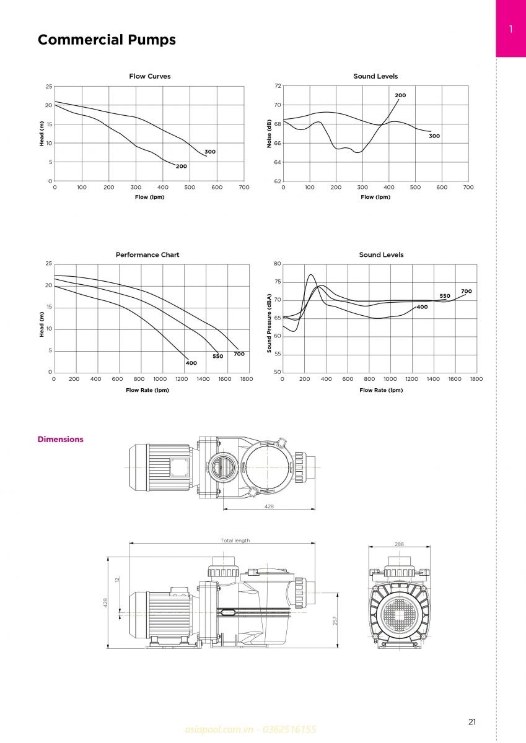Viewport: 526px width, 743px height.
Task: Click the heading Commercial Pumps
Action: pos(107,40)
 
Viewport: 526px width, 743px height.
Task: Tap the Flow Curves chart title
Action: pos(150,76)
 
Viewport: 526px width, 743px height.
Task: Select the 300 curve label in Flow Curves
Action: pos(210,152)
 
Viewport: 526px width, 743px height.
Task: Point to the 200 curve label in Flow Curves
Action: pos(181,166)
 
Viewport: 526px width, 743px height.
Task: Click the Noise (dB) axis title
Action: pos(269,134)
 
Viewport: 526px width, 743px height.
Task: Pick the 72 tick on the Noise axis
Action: pos(278,86)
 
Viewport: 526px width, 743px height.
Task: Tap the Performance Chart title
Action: pos(147,254)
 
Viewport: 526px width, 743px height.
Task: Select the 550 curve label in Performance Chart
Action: pos(217,356)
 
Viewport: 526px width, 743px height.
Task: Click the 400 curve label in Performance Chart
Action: pos(191,363)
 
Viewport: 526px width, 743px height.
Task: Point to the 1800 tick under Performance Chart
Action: pos(247,379)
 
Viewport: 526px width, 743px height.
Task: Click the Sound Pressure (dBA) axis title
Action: pos(269,323)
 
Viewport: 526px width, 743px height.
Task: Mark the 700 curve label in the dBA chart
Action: pos(467,291)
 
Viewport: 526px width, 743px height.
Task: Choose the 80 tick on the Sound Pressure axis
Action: pos(278,264)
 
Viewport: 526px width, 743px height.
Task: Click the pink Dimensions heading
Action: pos(60,439)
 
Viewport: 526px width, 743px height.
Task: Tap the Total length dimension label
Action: pos(235,541)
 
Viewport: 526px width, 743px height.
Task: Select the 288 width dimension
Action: pos(399,544)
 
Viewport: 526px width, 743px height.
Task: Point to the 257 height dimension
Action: pos(335,621)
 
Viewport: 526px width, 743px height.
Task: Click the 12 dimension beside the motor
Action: pos(117,580)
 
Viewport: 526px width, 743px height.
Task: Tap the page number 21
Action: pos(472,722)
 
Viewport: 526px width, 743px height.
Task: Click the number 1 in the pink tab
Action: pos(511,29)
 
